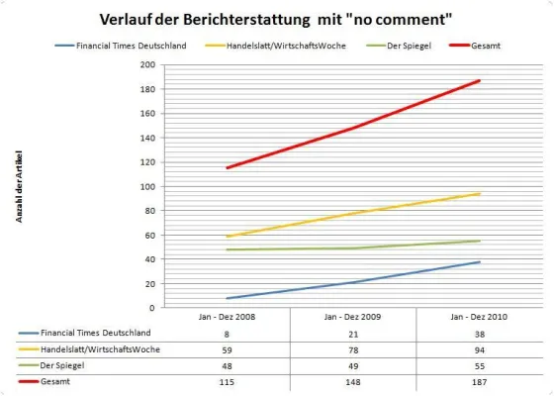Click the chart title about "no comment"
pos(276,19)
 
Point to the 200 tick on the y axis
pos(148,64)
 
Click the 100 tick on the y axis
pos(148,186)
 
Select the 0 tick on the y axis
pos(152,308)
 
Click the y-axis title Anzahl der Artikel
pos(19,188)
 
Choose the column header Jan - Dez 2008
pos(227,318)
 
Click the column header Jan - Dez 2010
pos(480,318)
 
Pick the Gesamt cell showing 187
pos(480,379)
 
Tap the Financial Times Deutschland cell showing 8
pos(227,335)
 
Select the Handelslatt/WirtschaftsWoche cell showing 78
pos(353,349)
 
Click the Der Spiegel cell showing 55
pos(480,364)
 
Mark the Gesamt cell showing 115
pos(227,379)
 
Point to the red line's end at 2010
pos(480,80)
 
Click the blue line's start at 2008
pos(227,298)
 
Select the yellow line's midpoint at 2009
pos(353,213)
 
